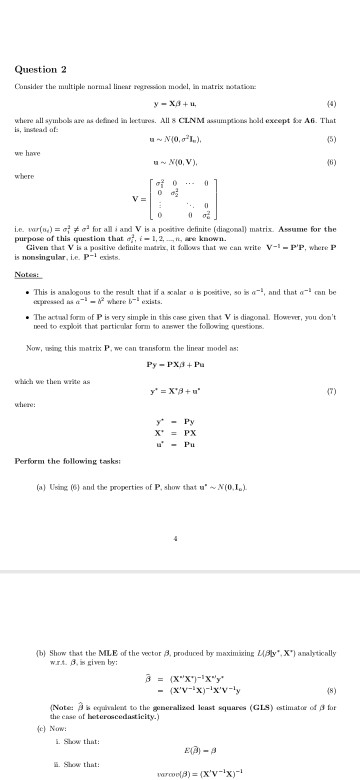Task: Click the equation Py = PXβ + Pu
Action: coord(180,351)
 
